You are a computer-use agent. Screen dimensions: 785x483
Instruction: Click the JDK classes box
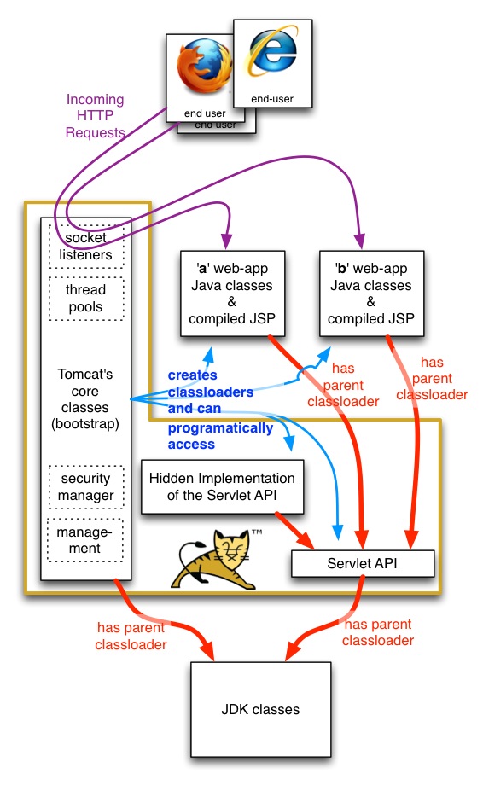(x=260, y=709)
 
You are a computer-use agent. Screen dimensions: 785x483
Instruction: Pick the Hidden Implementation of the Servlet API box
(x=222, y=487)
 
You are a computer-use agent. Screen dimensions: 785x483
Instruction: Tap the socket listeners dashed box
(x=87, y=247)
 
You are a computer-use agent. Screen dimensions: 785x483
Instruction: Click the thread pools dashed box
(x=86, y=298)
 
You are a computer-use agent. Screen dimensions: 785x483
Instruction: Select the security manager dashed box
(x=86, y=487)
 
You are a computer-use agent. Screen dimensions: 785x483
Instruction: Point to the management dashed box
(x=85, y=539)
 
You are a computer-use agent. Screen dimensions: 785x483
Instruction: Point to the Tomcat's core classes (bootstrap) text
(x=86, y=399)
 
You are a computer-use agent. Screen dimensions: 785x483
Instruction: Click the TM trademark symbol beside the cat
(x=256, y=532)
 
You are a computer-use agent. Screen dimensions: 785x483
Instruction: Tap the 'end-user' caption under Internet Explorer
(x=272, y=99)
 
